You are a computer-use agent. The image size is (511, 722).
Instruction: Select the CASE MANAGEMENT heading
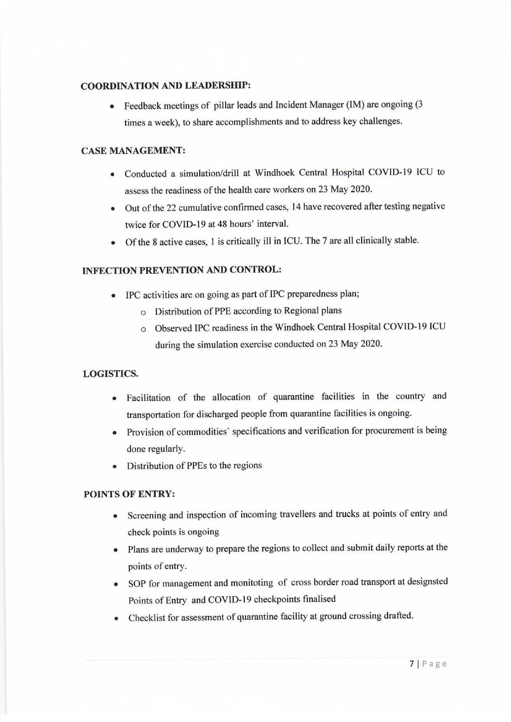pos(133,151)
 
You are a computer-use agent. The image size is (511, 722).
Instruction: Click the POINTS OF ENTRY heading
pos(129,494)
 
